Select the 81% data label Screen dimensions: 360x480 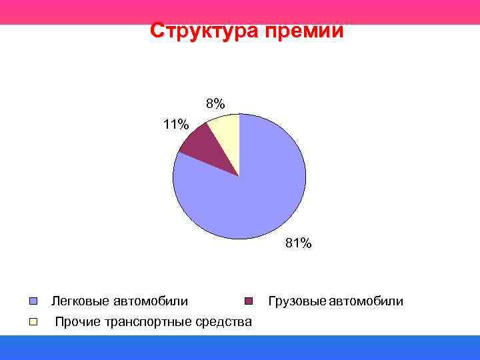[x=298, y=243]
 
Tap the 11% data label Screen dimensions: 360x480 [x=176, y=124]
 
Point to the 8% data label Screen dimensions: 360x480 [x=215, y=103]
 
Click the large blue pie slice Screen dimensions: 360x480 [x=253, y=193]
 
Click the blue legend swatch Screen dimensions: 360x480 [x=33, y=301]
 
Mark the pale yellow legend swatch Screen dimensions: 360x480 [x=33, y=322]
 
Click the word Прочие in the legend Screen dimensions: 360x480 [x=77, y=322]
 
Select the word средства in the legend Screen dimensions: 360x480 [x=227, y=322]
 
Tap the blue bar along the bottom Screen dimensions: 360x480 [x=240, y=347]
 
